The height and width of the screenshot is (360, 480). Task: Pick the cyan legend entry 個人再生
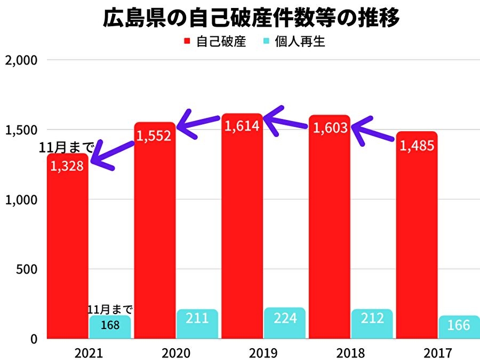coord(294,42)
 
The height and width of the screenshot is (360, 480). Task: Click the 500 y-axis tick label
coord(27,269)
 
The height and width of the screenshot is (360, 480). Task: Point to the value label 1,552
coord(154,136)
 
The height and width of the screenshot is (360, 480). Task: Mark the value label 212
coord(372,319)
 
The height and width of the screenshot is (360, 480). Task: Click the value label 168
coord(110,324)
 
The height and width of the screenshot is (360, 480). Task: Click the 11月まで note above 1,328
coord(67,147)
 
